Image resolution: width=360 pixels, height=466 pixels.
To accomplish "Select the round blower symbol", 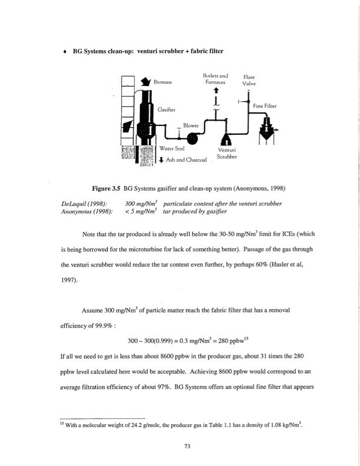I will (x=191, y=138).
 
